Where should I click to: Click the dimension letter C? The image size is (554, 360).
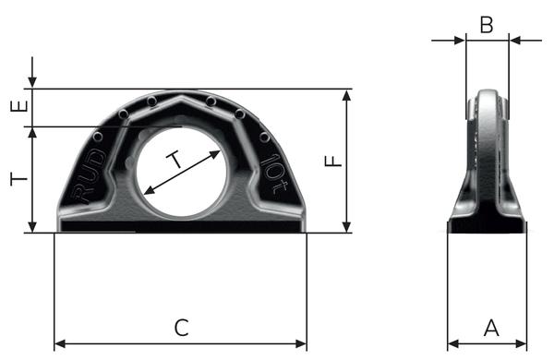(x=182, y=328)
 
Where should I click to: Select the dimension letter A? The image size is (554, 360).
(x=491, y=328)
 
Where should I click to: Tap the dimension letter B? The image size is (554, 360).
(x=487, y=25)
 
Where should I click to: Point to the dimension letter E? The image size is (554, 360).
(x=19, y=106)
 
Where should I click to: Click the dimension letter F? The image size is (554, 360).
(x=333, y=162)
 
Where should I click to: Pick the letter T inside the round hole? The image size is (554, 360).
(x=175, y=160)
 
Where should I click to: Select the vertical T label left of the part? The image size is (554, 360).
(x=19, y=179)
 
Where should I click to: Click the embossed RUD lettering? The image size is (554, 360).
(x=88, y=176)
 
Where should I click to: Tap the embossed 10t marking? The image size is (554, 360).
(x=275, y=174)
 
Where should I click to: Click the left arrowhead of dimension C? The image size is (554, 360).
(x=60, y=343)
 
